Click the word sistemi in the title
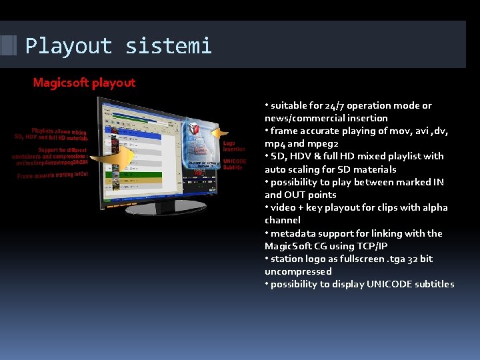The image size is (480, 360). tap(168, 46)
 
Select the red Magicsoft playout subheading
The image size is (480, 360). tap(84, 83)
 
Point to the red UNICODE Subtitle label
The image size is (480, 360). tap(235, 164)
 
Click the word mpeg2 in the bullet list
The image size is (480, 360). tap(325, 143)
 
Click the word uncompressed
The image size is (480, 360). tap(297, 271)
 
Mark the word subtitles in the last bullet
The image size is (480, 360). tap(431, 284)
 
